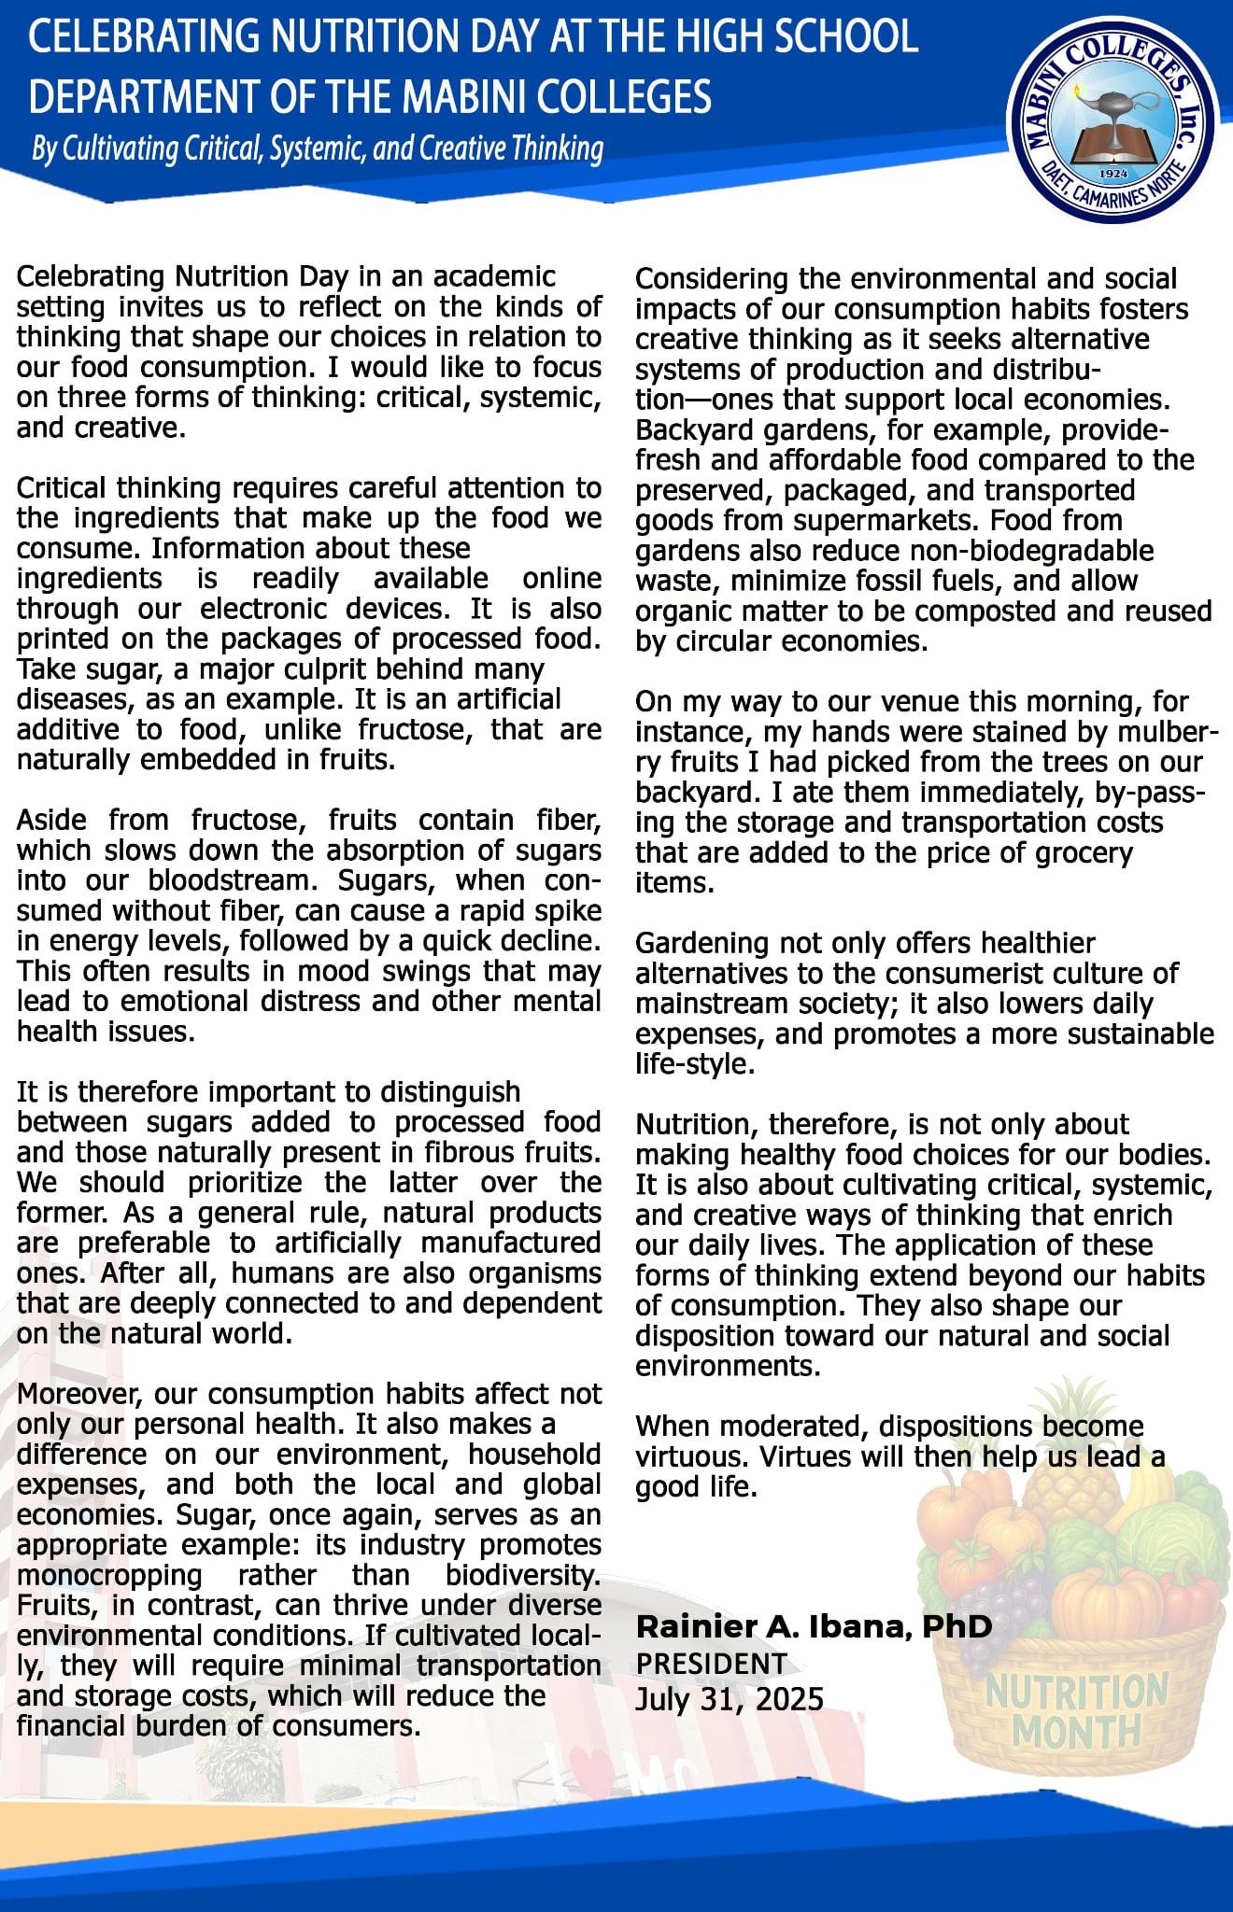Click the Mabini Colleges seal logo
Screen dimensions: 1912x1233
[1113, 120]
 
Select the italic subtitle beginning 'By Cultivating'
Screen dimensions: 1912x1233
[318, 148]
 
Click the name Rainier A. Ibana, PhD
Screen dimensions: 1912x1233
[814, 1626]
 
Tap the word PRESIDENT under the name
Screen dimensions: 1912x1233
[711, 1663]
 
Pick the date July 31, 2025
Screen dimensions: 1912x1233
[730, 1698]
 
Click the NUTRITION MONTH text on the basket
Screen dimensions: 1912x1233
[1077, 1711]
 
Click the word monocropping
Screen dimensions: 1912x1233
[109, 1575]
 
